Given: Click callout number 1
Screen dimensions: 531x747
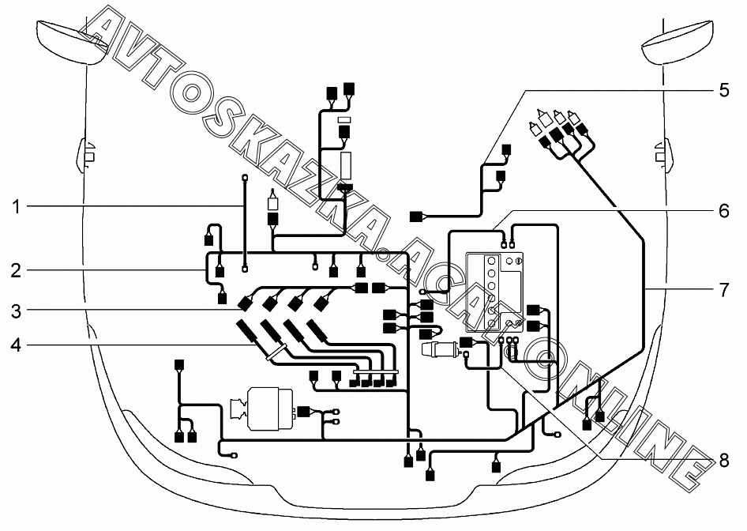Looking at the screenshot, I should [15, 207].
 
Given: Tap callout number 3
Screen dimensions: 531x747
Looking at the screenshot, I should [15, 311].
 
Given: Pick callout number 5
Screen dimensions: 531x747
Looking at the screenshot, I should [723, 89].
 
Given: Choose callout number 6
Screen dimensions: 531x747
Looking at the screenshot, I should [723, 211].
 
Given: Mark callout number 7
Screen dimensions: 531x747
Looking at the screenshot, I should [723, 290].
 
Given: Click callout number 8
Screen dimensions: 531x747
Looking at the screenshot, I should [723, 460].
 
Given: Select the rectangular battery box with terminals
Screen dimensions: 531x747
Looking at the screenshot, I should [494, 292].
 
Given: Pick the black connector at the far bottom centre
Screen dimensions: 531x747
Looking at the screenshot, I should [430, 475].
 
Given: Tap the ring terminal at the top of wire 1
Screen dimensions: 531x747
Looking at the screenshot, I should [245, 177].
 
